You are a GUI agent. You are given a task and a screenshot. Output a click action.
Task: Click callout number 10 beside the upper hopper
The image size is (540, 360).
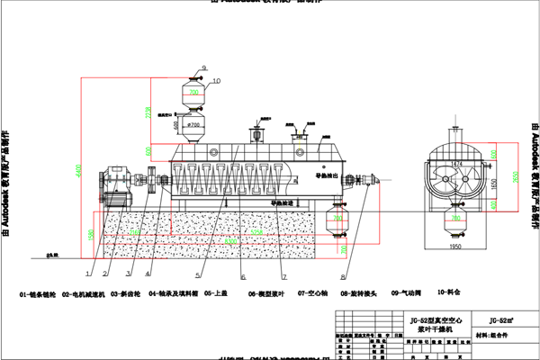216,81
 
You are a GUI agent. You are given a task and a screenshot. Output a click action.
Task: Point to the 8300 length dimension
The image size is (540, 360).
232,243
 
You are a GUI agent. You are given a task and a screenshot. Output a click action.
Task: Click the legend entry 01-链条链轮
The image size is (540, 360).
40,292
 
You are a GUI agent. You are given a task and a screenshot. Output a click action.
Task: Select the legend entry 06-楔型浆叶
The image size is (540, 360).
266,292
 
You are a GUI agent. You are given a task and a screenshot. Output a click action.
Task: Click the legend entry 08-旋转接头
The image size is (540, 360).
357,292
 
